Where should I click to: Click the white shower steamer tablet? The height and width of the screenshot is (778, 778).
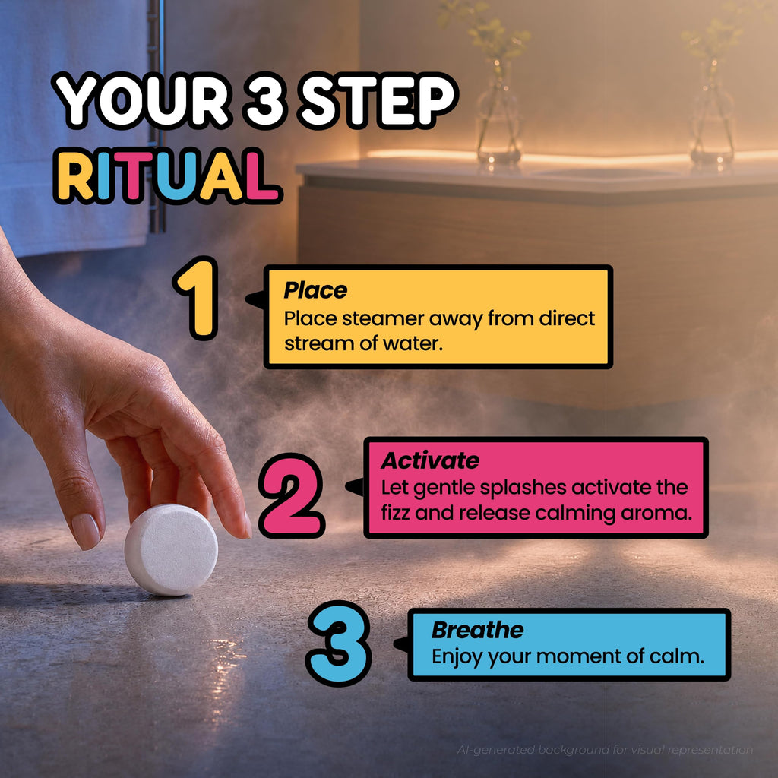click(171, 549)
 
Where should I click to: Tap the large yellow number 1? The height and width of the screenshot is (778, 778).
click(198, 298)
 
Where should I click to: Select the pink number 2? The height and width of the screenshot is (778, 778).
click(293, 495)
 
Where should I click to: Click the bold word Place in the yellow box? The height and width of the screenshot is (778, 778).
click(315, 290)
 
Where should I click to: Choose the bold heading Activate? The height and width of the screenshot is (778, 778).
click(430, 460)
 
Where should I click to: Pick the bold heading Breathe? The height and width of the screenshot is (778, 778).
click(477, 630)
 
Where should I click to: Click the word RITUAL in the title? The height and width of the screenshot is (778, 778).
click(168, 176)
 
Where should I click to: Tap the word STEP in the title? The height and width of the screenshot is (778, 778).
click(378, 101)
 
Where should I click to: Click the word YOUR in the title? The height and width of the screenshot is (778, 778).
click(143, 101)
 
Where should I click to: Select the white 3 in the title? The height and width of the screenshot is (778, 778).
click(264, 101)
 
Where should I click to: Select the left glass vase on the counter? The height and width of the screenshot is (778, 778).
click(498, 116)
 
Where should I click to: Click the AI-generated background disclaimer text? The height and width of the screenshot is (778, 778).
click(605, 750)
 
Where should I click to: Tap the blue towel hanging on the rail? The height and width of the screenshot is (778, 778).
click(74, 124)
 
